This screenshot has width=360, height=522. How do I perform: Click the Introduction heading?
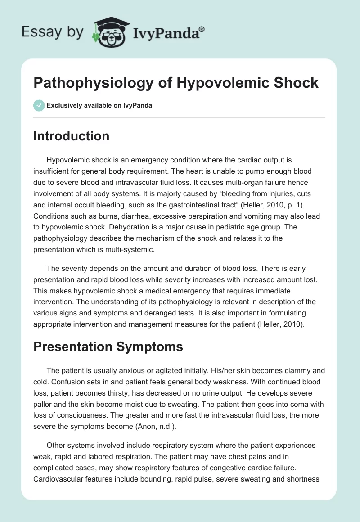[x=72, y=136]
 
